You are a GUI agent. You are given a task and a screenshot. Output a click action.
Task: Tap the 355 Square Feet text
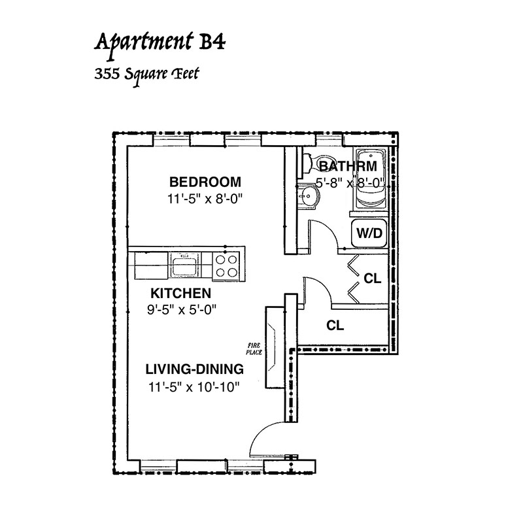point(146,76)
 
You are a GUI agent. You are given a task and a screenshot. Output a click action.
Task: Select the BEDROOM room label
point(205,182)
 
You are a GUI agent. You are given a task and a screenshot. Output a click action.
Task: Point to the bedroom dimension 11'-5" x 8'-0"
point(205,199)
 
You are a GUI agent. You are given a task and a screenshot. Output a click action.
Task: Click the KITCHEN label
point(181,293)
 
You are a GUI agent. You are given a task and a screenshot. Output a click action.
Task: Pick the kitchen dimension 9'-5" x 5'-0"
point(182,310)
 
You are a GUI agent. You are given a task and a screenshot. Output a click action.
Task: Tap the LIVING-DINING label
point(194,369)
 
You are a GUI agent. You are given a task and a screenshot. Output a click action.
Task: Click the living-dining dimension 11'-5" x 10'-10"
point(194,387)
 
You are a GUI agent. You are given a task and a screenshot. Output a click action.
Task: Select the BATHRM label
point(348,166)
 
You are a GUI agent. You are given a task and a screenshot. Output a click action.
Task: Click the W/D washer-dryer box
point(369,233)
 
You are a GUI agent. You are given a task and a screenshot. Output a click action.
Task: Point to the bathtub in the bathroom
point(371,178)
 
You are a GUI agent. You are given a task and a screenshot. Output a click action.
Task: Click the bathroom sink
point(309,197)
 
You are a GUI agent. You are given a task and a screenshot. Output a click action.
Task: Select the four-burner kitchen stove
point(226,266)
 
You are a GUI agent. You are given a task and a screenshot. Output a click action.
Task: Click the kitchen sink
point(184,264)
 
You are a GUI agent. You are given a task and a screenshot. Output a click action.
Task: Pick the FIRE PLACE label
point(254,349)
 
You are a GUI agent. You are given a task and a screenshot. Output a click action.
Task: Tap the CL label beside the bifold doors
point(372,278)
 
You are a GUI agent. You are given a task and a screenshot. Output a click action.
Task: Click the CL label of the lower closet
point(335,325)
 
